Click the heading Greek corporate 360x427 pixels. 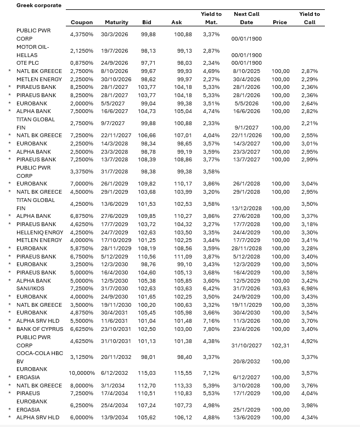point(38,5)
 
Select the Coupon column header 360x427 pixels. point(82,23)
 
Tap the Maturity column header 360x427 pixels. point(116,23)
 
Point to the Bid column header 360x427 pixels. point(147,23)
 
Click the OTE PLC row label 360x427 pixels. point(28,63)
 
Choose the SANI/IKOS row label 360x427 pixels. point(30,289)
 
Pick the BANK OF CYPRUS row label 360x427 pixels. point(40,329)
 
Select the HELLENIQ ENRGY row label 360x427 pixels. point(40,232)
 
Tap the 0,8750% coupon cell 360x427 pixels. point(82,63)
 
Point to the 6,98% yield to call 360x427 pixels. point(310,289)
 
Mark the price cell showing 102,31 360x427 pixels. point(280,345)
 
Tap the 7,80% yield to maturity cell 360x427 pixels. point(211,329)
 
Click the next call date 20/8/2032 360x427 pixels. point(246,361)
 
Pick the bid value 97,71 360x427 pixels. point(148,63)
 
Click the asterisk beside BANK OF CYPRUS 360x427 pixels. point(9,329)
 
